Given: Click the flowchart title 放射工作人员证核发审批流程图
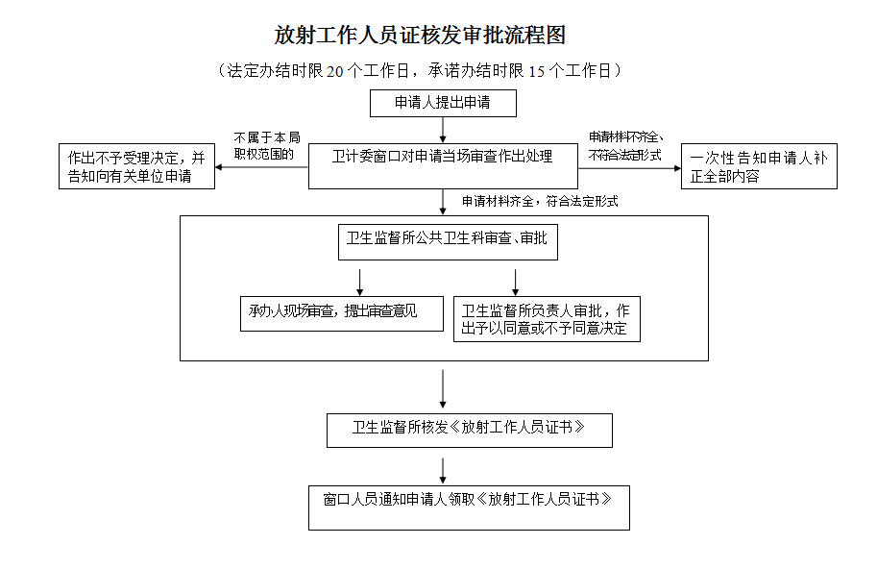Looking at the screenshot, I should (x=420, y=36).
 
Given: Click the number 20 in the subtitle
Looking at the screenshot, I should (x=333, y=70).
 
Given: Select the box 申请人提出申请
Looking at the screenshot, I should (x=443, y=103).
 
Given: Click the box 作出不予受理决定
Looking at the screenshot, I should (x=136, y=166).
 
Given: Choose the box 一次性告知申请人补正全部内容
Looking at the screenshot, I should (x=759, y=166).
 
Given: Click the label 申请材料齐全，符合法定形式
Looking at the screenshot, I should (x=539, y=202).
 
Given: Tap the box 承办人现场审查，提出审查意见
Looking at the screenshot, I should (x=341, y=312).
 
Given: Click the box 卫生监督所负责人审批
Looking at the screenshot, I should (x=546, y=319).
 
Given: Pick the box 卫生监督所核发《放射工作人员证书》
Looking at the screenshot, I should (x=469, y=430).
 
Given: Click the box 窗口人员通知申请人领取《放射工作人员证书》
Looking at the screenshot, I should (x=469, y=507).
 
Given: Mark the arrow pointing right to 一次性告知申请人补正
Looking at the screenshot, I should (x=629, y=167).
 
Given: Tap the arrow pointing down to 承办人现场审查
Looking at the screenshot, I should (x=360, y=281).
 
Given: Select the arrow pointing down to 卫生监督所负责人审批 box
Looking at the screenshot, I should (x=516, y=281).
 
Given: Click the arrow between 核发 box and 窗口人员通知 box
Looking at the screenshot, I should (x=443, y=470).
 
